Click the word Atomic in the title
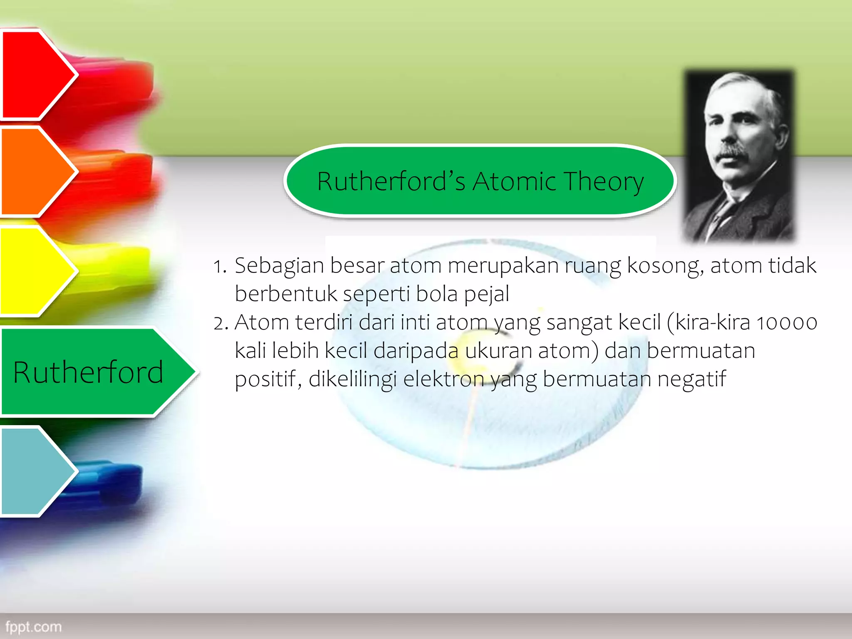pos(514,182)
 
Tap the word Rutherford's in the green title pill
pos(391,182)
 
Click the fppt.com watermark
pos(33,627)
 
